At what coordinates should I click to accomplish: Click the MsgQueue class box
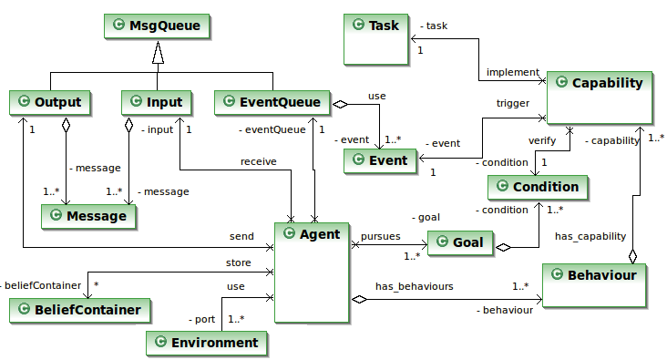coord(158,26)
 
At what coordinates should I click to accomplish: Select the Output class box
coord(51,102)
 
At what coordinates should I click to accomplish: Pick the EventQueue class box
coord(272,102)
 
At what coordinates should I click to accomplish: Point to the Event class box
coord(380,161)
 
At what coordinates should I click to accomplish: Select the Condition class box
coord(538,187)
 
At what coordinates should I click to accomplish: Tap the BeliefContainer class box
coord(80,311)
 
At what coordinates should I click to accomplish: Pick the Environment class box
coord(207,343)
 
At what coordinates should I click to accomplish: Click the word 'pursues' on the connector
coord(380,235)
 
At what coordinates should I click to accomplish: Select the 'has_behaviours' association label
coord(414,285)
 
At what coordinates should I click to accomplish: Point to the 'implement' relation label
coord(512,73)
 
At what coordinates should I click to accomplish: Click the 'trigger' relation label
coord(512,104)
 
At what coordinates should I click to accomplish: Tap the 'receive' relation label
coord(258,161)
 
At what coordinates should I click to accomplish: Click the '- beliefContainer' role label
coord(40,286)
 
